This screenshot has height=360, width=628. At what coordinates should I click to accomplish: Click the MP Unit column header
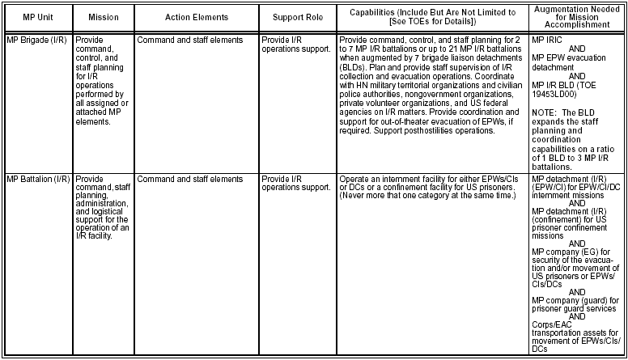click(x=36, y=16)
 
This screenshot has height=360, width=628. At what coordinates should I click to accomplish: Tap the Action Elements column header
click(x=196, y=16)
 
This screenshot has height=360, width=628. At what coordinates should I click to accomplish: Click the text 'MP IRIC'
click(x=546, y=39)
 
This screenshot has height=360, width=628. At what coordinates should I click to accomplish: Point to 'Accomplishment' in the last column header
click(x=577, y=26)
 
